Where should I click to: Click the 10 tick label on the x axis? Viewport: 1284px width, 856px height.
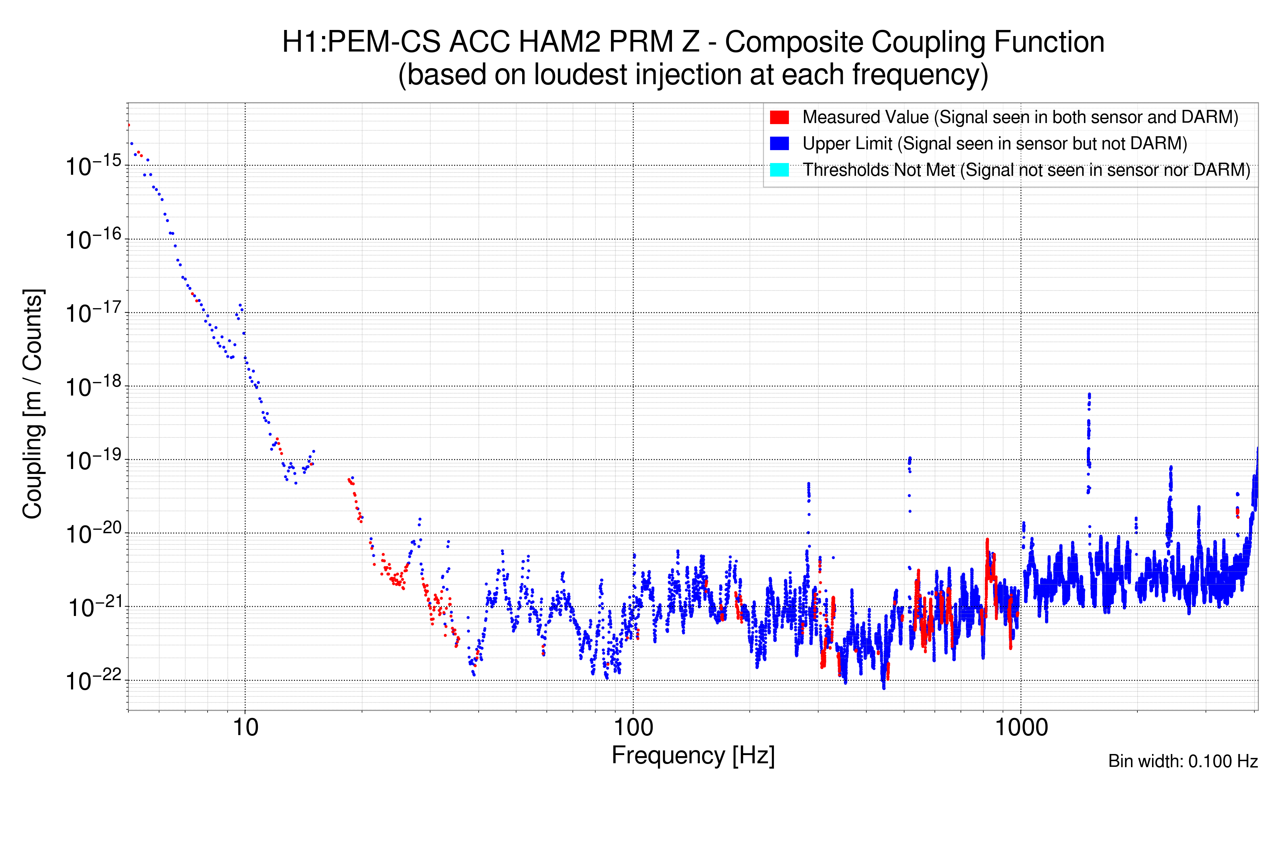pos(245,728)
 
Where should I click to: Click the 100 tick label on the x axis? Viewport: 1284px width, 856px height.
pos(633,728)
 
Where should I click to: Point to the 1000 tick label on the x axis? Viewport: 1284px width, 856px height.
pos(1021,728)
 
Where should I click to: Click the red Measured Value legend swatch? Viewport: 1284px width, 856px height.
pos(779,117)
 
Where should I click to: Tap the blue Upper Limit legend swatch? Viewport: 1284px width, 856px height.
pos(779,144)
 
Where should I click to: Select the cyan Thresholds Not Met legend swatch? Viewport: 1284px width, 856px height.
pos(779,170)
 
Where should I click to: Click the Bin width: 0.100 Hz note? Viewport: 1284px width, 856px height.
pos(1182,761)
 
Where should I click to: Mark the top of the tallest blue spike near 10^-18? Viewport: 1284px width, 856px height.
pos(1089,394)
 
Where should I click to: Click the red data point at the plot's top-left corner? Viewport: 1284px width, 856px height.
pos(129,125)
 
